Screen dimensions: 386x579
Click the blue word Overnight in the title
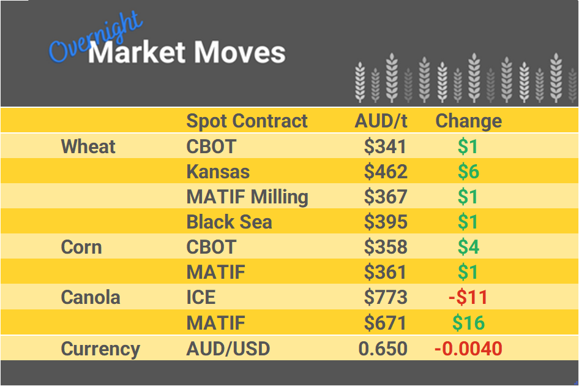pos(95,40)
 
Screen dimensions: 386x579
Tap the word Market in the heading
pos(137,53)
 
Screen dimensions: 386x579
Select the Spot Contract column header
pos(247,121)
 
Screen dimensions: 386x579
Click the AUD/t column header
pos(381,121)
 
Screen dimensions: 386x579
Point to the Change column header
pos(468,121)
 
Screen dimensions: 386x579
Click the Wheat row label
pos(88,146)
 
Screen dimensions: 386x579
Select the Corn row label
pos(81,247)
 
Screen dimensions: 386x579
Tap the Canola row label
pos(91,297)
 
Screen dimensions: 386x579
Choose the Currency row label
pos(100,349)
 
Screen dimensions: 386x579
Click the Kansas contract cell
pos(218,172)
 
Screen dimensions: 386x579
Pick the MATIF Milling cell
pos(247,197)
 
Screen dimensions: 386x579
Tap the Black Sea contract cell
pos(229,222)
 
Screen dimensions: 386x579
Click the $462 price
pos(386,172)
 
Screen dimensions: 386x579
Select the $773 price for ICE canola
pos(386,297)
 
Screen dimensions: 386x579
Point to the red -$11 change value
pos(468,297)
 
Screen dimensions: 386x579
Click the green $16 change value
pos(468,322)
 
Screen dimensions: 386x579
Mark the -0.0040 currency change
pos(468,349)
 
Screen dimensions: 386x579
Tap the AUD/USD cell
pos(228,349)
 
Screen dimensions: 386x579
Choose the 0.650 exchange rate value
pos(383,349)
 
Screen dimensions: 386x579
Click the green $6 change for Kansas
pos(468,172)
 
